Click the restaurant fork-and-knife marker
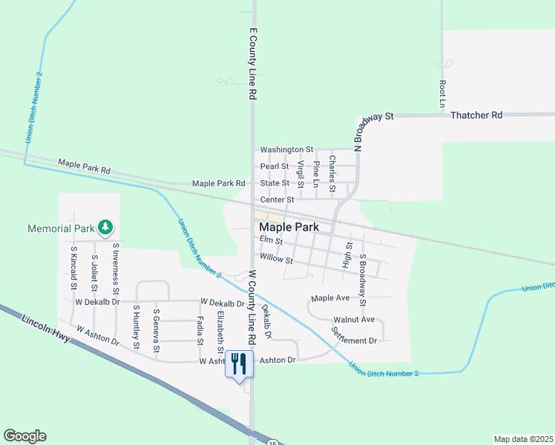238,364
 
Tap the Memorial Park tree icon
105,226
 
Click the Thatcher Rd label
476,115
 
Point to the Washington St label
286,149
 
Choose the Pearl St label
275,166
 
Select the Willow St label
277,260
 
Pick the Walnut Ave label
354,319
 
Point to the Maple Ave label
330,298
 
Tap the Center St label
277,200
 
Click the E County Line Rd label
253,65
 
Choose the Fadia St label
200,331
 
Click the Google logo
24,436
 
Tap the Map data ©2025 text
523,439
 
